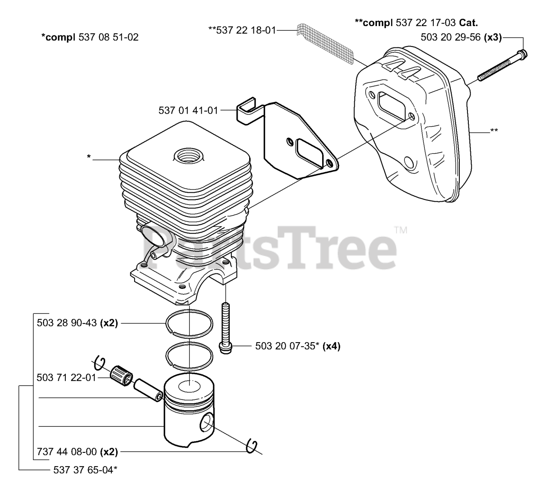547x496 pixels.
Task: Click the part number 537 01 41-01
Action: click(188, 110)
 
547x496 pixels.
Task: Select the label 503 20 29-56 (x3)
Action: click(461, 37)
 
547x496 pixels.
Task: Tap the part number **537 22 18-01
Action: click(242, 30)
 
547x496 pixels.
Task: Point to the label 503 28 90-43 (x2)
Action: click(77, 323)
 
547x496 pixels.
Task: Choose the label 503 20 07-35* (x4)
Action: click(298, 346)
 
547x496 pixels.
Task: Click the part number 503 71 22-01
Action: click(66, 378)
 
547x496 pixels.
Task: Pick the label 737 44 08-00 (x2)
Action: click(77, 452)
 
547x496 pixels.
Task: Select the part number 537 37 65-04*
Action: click(85, 470)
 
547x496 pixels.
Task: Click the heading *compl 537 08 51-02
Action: click(90, 37)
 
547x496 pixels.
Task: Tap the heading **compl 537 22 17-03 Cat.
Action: click(416, 23)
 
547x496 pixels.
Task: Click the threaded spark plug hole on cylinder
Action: click(188, 156)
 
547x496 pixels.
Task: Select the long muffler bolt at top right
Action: click(502, 65)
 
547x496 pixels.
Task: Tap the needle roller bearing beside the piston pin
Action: click(121, 376)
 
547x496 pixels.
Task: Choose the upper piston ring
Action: click(189, 324)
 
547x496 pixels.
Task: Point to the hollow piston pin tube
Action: click(148, 390)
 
